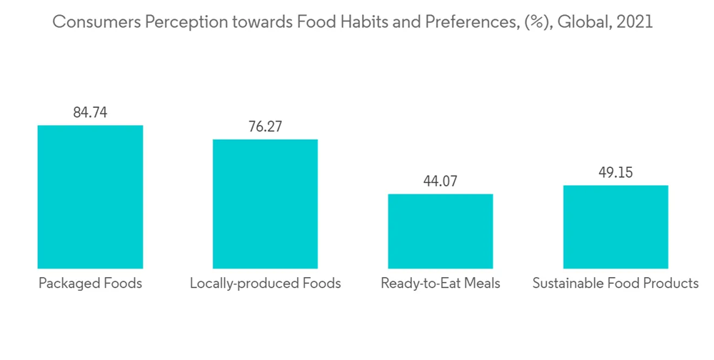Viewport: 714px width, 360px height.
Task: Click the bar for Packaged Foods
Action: (90, 196)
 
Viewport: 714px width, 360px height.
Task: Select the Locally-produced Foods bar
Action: (265, 204)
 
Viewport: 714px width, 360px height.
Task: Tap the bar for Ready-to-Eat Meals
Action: (441, 231)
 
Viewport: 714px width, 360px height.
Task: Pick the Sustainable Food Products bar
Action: (615, 226)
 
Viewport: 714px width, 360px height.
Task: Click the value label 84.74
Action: (90, 113)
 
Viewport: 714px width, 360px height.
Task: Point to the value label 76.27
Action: (265, 126)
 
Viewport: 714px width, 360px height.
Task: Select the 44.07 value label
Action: (441, 181)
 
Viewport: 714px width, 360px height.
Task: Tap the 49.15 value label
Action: (615, 173)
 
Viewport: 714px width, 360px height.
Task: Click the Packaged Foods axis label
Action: (90, 284)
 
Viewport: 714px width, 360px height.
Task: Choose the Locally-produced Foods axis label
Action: (265, 284)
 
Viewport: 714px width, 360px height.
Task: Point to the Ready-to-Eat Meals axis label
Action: (441, 284)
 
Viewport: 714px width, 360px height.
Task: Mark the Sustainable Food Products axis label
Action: (615, 284)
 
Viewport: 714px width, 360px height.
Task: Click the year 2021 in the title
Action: (635, 22)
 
